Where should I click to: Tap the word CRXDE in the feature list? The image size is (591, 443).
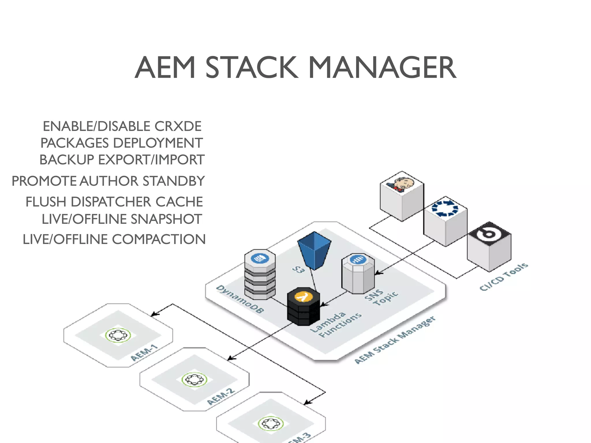(x=178, y=126)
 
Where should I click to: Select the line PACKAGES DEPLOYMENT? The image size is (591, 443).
(x=121, y=143)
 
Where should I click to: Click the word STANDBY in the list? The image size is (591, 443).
(x=174, y=181)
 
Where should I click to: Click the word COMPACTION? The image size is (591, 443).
(x=159, y=239)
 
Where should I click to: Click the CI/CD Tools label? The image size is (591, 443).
(x=504, y=277)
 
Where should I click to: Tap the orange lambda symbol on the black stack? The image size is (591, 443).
(x=303, y=296)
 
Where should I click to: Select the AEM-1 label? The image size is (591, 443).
(x=144, y=353)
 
